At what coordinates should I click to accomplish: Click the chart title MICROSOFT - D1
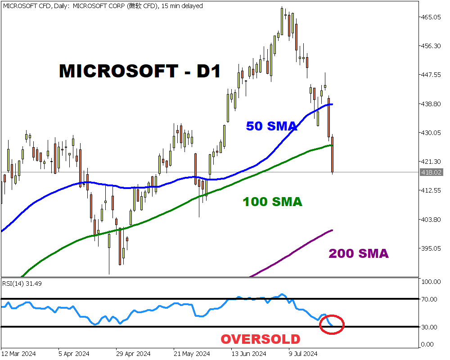click(x=139, y=71)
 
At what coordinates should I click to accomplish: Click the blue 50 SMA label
click(x=271, y=126)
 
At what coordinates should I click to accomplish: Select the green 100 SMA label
click(x=273, y=202)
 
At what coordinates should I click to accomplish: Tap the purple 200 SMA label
click(x=359, y=253)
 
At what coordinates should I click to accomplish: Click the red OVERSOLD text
click(x=260, y=339)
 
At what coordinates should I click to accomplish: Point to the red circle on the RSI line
click(x=332, y=324)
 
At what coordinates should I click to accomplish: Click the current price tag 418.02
click(x=431, y=172)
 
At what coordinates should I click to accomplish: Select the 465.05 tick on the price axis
click(x=431, y=17)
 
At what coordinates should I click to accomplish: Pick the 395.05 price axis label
click(x=431, y=248)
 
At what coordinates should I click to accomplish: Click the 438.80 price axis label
click(x=431, y=104)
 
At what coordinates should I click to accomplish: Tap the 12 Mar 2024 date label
click(x=19, y=354)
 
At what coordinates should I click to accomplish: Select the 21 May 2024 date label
click(x=192, y=354)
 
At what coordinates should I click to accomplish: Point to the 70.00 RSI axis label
click(x=429, y=299)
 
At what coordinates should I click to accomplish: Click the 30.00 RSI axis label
click(x=429, y=327)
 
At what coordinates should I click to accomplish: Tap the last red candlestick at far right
click(x=333, y=154)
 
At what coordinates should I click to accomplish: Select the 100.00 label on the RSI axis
click(x=430, y=282)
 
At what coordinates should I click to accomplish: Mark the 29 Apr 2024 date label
click(x=134, y=354)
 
